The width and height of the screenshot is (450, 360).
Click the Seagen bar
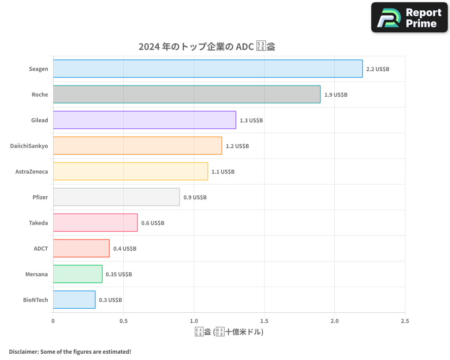click(207, 69)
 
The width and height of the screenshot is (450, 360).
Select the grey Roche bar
click(187, 94)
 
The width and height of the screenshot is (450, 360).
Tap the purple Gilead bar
click(144, 120)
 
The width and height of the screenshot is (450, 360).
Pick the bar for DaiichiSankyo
click(137, 146)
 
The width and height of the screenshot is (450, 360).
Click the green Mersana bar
click(77, 274)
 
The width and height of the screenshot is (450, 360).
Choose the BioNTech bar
click(74, 300)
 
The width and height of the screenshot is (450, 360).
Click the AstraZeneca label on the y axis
click(31, 171)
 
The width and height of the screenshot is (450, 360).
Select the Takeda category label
click(38, 223)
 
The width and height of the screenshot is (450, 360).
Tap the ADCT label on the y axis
click(40, 248)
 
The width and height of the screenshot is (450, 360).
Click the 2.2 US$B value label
click(378, 69)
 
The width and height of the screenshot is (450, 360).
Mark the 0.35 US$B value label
click(119, 274)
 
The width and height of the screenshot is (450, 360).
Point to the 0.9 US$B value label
click(195, 198)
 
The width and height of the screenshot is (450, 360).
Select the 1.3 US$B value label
click(251, 121)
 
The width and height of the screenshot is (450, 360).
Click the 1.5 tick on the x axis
click(264, 321)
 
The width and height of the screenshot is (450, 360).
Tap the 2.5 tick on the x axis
click(405, 321)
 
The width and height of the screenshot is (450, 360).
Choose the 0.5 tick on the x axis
click(123, 321)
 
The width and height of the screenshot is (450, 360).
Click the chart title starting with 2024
click(207, 47)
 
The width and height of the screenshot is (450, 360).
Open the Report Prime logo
click(409, 18)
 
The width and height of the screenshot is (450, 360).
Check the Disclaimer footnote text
click(70, 351)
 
